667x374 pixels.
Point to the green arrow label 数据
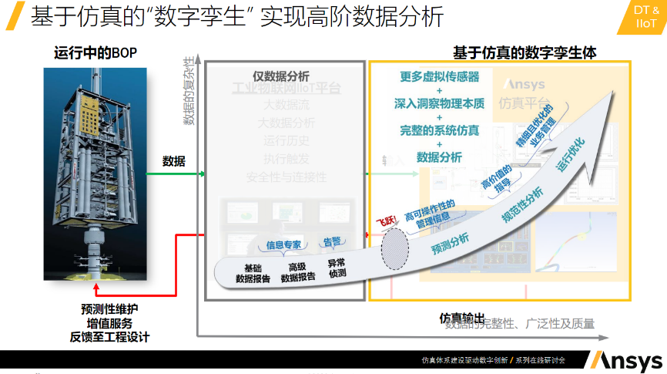(173, 161)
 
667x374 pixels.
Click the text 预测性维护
(109, 308)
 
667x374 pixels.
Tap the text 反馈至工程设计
(109, 337)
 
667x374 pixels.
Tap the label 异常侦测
(337, 268)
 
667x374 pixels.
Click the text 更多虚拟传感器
(439, 76)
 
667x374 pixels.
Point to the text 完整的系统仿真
(439, 130)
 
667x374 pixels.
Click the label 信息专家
(284, 244)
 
